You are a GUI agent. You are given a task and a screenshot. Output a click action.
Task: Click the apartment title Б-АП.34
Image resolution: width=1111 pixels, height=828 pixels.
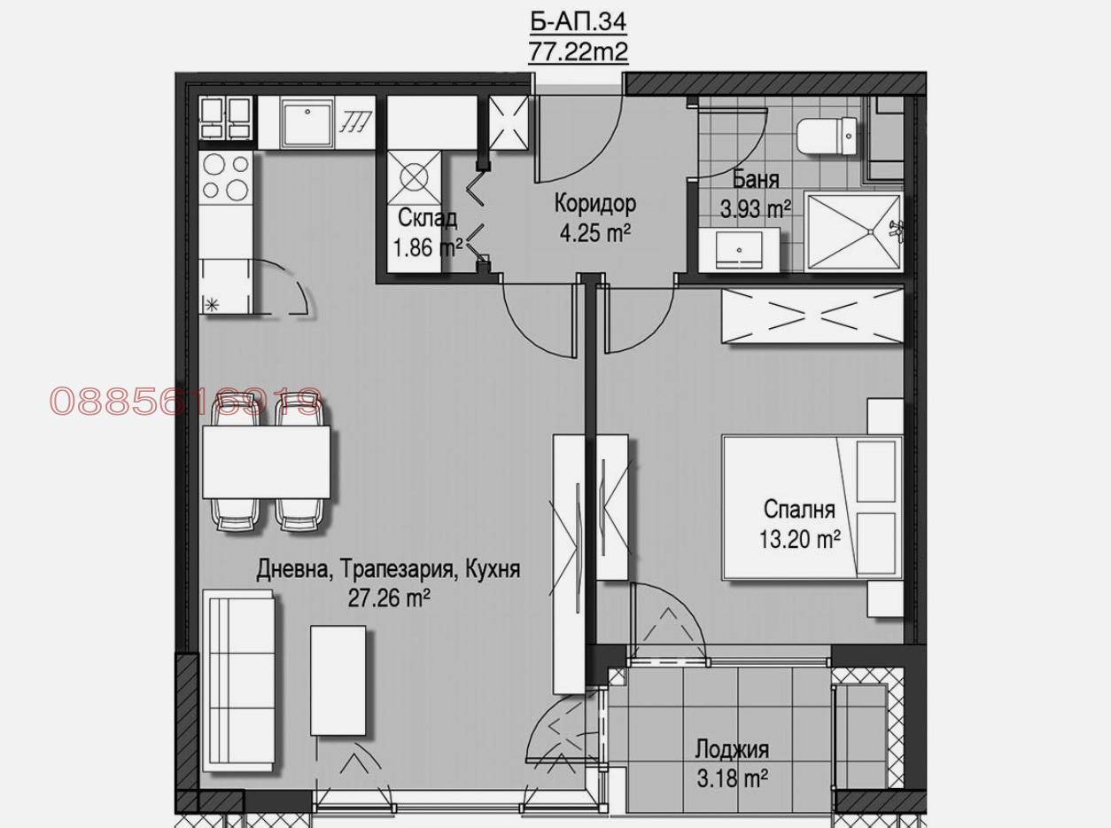point(578,22)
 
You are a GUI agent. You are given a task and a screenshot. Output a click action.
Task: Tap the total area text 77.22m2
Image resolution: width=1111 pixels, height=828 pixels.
point(578,51)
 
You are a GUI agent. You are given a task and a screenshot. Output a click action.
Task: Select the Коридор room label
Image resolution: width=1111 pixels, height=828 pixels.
point(595,204)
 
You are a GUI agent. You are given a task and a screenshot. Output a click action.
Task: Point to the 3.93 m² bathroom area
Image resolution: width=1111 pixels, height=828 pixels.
point(756,208)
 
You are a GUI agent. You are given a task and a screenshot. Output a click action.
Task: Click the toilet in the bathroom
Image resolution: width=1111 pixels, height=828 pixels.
point(827,136)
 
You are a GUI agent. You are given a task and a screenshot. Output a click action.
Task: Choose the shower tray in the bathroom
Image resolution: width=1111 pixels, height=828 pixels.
point(854,232)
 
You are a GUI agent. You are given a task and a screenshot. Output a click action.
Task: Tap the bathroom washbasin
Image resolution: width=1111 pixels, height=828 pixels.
point(739,250)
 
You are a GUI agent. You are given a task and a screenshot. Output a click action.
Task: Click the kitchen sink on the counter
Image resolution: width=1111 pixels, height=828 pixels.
point(307,123)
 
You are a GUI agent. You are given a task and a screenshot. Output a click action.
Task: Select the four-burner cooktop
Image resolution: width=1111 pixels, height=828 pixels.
point(225,176)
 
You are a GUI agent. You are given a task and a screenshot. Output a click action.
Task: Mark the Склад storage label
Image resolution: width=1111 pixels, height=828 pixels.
point(427,219)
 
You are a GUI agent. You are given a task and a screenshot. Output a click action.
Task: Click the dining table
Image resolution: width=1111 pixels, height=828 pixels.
point(266,462)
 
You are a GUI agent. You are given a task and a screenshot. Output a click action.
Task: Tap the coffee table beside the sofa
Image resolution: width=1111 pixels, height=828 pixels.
point(338,681)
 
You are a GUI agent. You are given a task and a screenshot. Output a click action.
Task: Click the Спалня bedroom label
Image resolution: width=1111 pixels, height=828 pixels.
point(799,509)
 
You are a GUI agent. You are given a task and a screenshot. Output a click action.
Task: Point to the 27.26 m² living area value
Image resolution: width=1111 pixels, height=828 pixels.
point(389,598)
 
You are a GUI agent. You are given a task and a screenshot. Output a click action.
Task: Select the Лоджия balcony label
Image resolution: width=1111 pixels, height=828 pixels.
point(733,750)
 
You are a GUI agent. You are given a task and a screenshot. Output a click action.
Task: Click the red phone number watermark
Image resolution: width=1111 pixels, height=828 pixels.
point(185,402)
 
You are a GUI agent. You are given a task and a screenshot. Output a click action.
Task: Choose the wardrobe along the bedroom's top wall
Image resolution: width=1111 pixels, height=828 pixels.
point(812,316)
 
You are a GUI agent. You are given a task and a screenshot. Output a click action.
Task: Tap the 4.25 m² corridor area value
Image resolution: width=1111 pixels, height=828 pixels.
point(594,233)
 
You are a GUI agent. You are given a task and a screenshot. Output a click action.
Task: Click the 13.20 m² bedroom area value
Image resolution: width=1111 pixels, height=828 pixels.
point(799,540)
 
